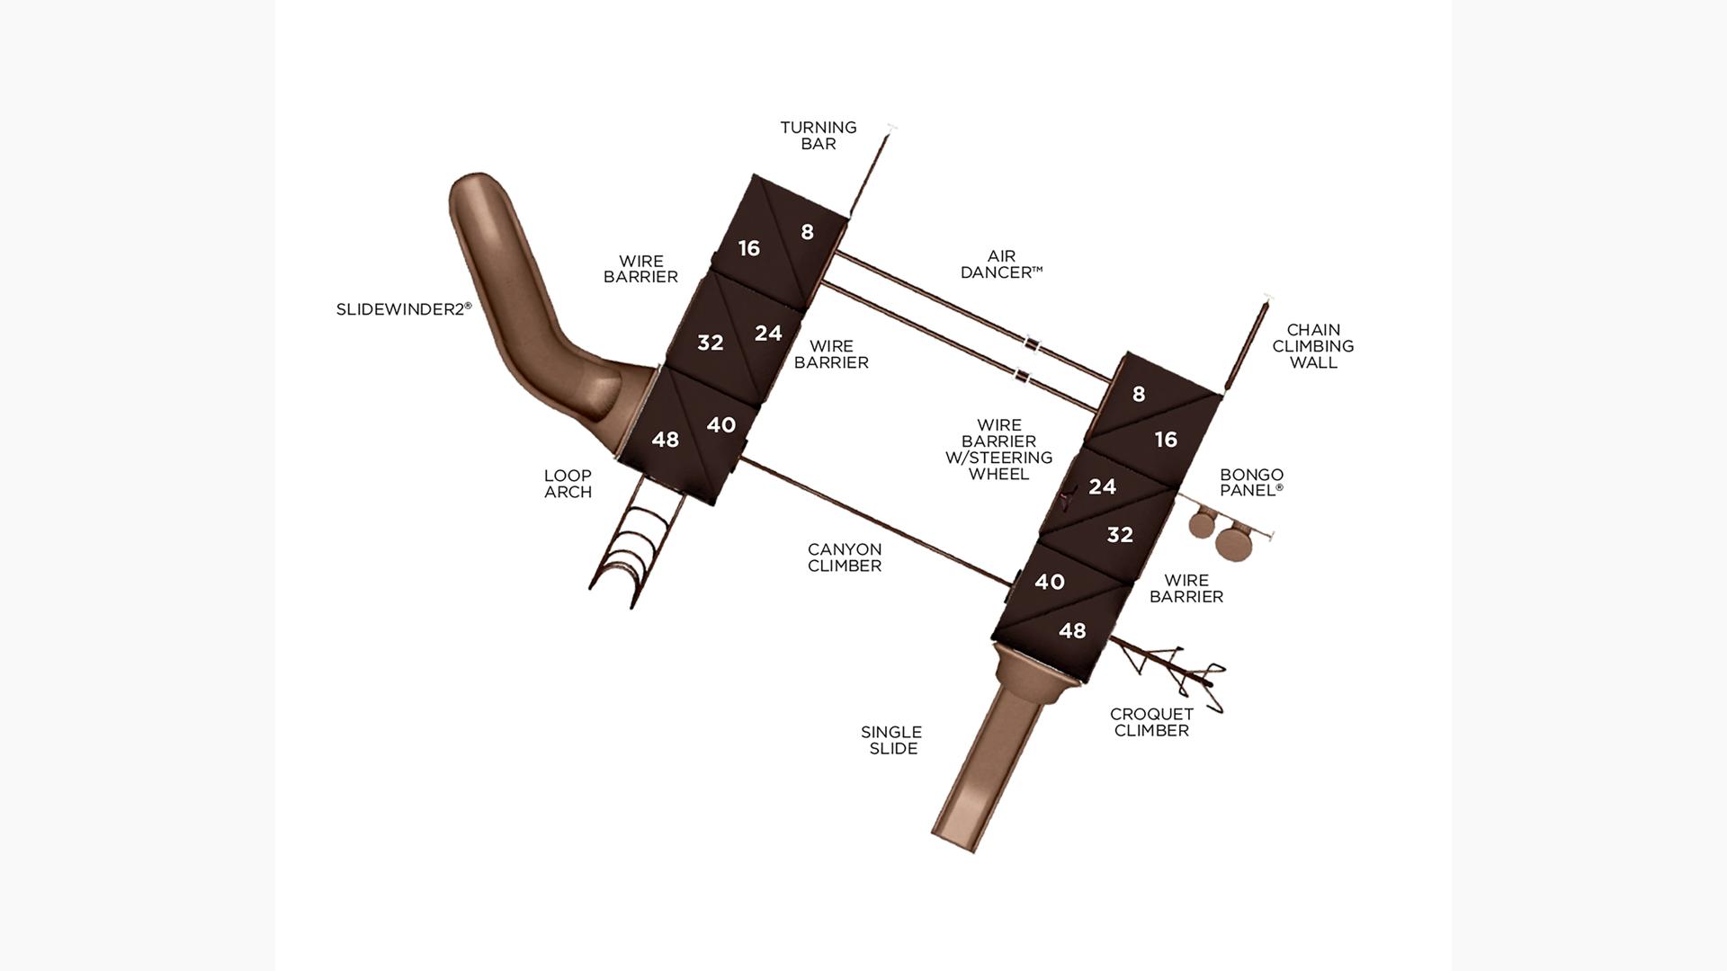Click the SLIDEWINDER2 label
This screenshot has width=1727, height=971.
point(404,308)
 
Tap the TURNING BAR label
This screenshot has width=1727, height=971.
point(819,136)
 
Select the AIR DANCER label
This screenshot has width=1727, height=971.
point(1001,264)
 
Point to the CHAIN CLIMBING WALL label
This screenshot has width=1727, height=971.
point(1313,346)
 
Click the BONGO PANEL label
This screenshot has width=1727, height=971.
point(1252,482)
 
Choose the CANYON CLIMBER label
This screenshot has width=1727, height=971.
point(845,557)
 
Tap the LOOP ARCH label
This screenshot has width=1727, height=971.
point(568,484)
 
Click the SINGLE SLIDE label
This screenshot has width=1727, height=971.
point(891,740)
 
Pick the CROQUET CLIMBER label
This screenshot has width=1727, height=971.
point(1151,722)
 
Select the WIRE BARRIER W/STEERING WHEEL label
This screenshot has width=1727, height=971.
point(998,450)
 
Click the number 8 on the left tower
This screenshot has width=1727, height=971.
point(807,232)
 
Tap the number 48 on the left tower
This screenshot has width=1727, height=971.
point(666,440)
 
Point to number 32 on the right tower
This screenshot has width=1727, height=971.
point(1120,535)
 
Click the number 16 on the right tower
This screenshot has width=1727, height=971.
point(1166,440)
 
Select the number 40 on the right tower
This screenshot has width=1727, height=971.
point(1050,582)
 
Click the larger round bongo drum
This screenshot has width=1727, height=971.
point(1233,542)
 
